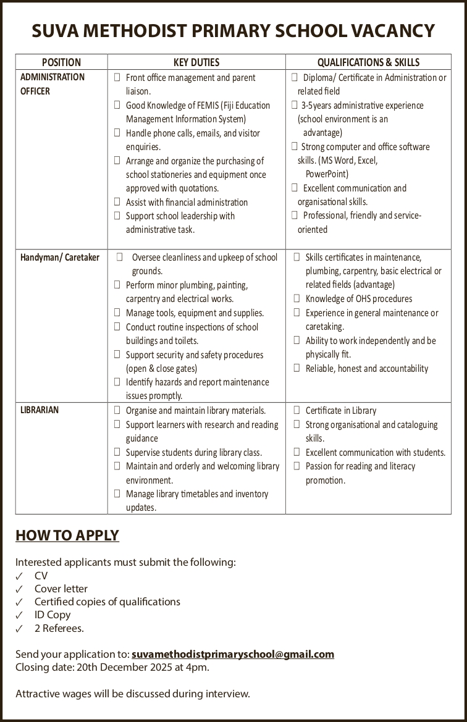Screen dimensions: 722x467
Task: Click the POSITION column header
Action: (61, 62)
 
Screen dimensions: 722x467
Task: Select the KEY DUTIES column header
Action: (196, 62)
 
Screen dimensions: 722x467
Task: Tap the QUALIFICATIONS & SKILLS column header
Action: (368, 62)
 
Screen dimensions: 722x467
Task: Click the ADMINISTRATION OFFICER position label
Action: (53, 84)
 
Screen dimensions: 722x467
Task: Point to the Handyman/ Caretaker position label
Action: (60, 257)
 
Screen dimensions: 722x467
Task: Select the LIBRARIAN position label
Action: (40, 409)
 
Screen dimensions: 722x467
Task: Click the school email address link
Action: (233, 654)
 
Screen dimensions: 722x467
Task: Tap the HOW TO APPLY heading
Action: (67, 535)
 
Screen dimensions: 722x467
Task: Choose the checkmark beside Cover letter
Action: (20, 589)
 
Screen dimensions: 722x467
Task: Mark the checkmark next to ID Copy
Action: (20, 615)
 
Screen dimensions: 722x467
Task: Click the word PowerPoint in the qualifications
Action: (327, 174)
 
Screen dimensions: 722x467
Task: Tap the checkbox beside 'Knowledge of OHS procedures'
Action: (297, 299)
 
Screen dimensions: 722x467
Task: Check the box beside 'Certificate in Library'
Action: (297, 410)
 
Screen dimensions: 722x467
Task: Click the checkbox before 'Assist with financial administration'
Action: (117, 202)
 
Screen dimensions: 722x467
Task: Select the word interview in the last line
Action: (227, 694)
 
